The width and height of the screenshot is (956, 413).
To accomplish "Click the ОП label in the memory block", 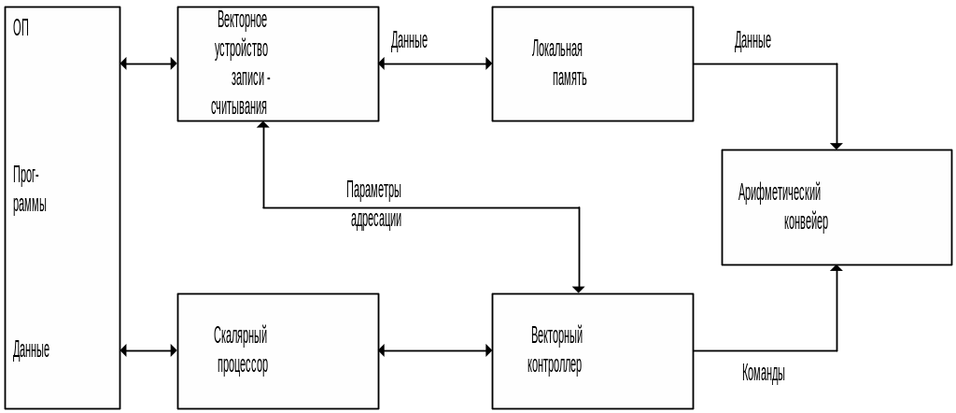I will click(21, 27).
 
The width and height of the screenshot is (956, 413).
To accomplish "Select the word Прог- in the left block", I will click(26, 176).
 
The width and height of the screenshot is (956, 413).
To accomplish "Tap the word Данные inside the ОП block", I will click(31, 351).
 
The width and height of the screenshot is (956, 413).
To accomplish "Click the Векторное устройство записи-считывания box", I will click(278, 64).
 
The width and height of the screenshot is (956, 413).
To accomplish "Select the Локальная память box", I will click(592, 64).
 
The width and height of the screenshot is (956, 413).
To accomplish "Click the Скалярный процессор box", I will click(278, 350).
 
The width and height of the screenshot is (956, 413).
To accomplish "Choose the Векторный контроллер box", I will click(592, 350).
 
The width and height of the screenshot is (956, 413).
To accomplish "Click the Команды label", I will click(763, 374).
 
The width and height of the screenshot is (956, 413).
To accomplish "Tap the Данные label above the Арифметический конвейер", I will click(752, 41).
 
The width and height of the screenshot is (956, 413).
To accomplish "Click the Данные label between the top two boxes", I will click(409, 41).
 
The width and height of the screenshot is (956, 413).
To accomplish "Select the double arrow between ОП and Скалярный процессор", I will click(149, 350).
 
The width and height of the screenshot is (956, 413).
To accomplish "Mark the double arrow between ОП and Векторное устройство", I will click(149, 64).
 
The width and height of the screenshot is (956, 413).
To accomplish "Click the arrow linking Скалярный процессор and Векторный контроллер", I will click(436, 350).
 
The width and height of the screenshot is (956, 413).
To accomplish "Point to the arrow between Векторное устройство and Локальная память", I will click(436, 64).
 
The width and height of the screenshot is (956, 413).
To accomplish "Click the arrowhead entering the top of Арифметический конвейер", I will click(836, 145).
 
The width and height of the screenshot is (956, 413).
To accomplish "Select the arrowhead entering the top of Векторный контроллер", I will click(580, 289).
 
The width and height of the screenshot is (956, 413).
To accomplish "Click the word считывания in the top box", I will click(240, 107).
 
